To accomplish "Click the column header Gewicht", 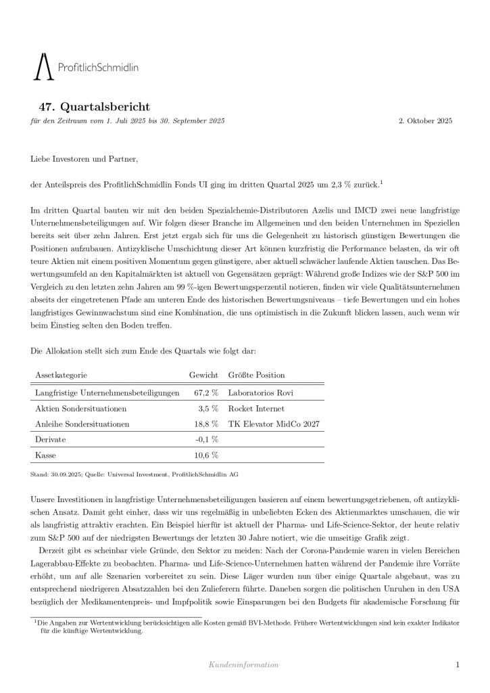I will pyautogui.click(x=203, y=374).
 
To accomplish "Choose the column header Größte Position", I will pyautogui.click(x=256, y=374).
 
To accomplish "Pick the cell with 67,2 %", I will pyautogui.click(x=206, y=393).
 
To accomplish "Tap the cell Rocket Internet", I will pyautogui.click(x=256, y=409).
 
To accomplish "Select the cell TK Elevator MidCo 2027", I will pyautogui.click(x=274, y=424).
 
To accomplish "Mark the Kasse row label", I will pyautogui.click(x=45, y=455).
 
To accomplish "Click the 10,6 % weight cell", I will pyautogui.click(x=206, y=455).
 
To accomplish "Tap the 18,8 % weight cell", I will pyautogui.click(x=206, y=424).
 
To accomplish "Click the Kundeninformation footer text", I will pyautogui.click(x=245, y=665).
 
